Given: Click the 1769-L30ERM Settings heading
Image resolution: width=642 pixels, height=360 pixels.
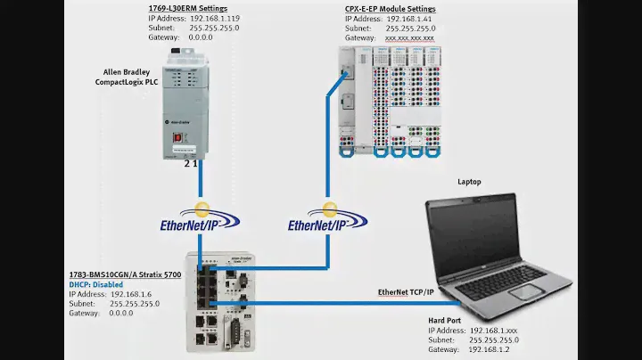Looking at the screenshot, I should (x=188, y=8).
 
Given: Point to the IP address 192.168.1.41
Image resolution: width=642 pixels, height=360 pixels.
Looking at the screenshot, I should (x=410, y=18).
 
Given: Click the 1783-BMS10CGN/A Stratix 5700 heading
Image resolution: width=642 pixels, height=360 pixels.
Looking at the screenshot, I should (x=126, y=274).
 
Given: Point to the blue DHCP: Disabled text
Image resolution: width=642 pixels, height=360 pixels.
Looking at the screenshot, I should (x=96, y=284).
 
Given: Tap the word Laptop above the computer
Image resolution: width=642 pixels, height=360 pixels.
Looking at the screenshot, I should (x=469, y=182).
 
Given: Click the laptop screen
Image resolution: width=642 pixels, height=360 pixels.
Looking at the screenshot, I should (x=482, y=233).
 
